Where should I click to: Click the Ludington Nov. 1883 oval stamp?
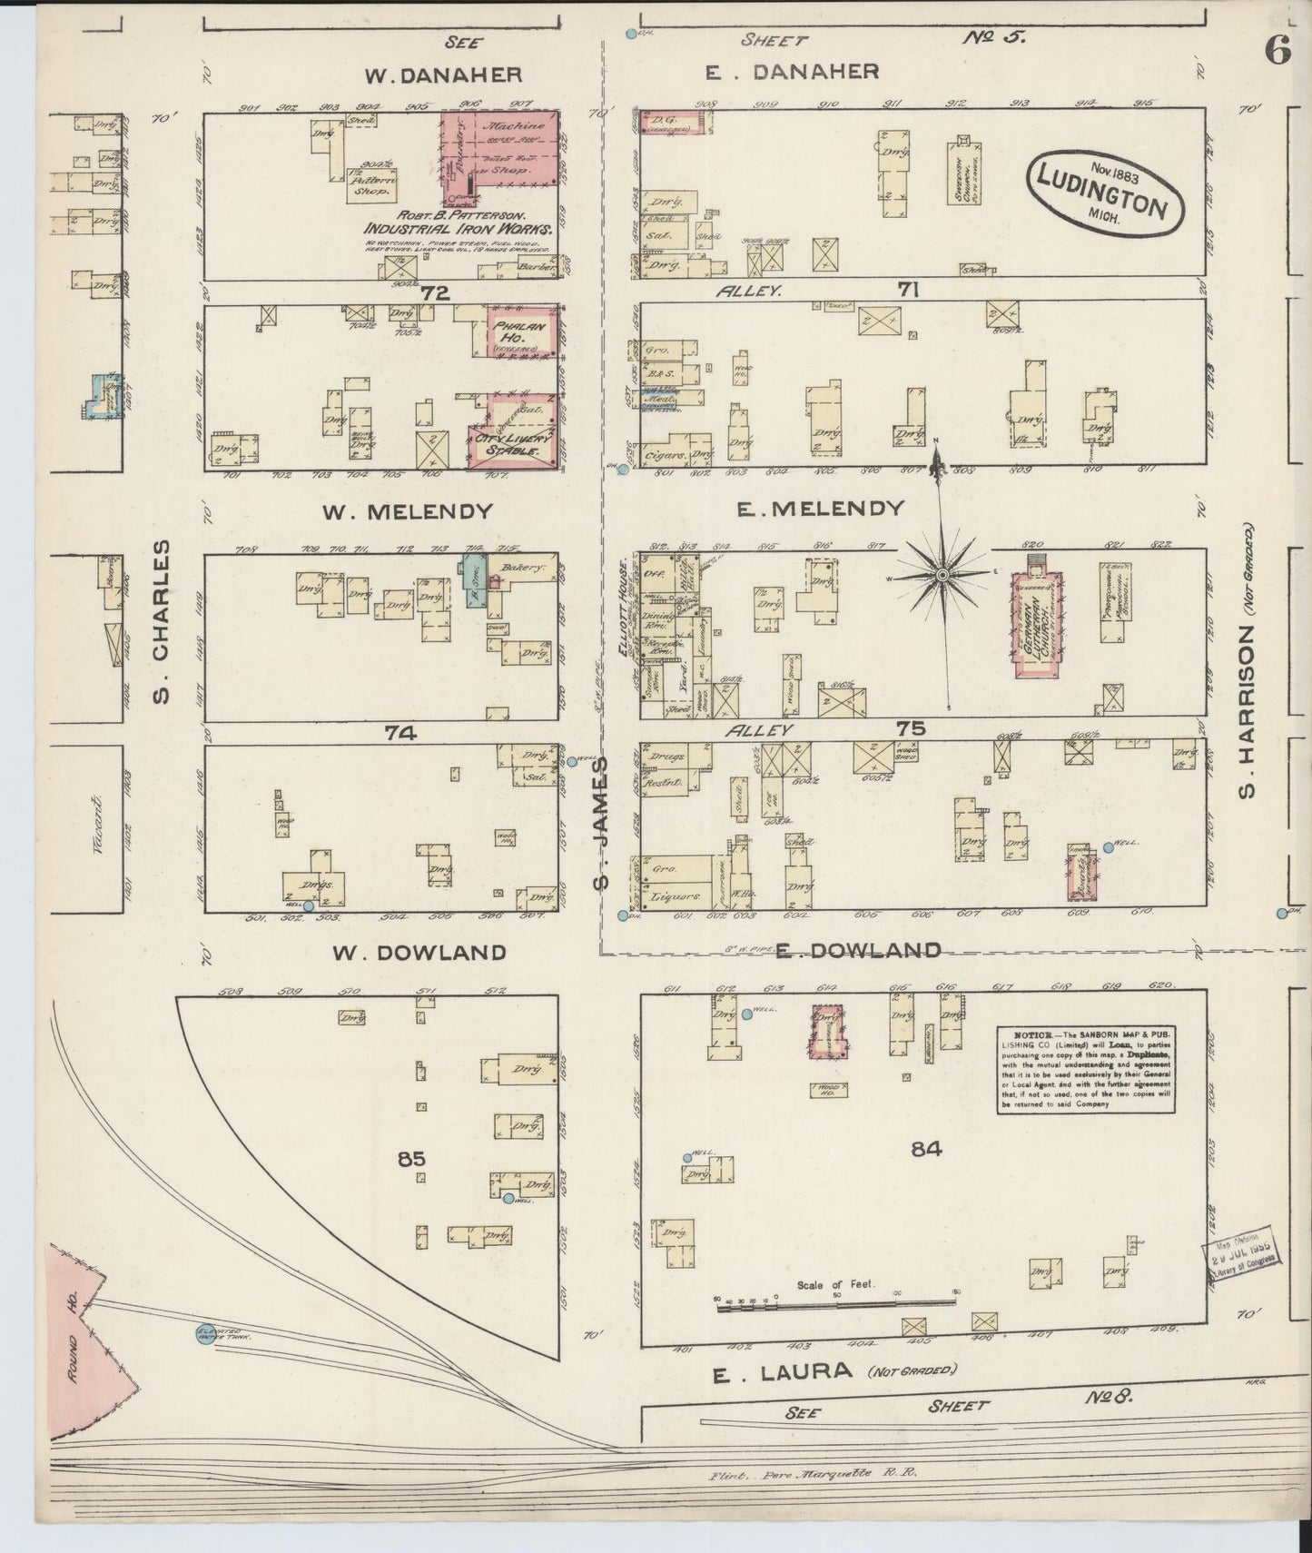(x=1104, y=192)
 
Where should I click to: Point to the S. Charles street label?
(x=162, y=622)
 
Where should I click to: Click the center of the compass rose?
(x=942, y=575)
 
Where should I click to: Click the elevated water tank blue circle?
(x=206, y=1334)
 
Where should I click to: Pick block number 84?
(x=926, y=1149)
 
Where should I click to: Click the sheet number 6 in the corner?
(x=1277, y=52)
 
